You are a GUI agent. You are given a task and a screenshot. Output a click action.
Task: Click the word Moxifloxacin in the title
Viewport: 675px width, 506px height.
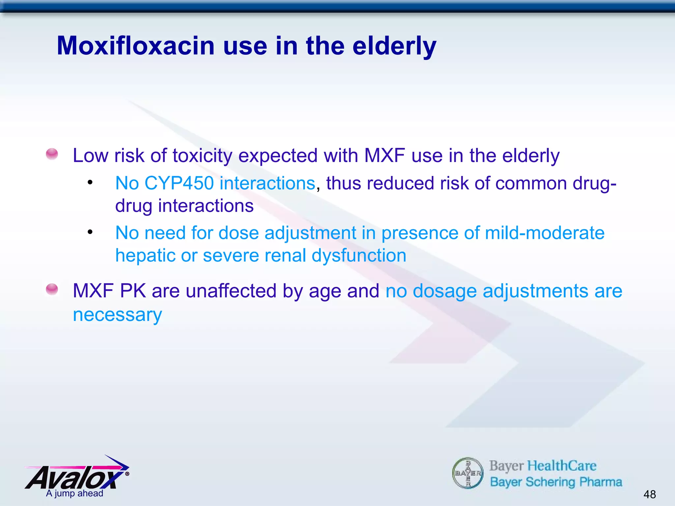click(x=136, y=46)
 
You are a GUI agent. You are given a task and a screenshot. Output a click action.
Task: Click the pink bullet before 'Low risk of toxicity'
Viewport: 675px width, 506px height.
click(x=52, y=154)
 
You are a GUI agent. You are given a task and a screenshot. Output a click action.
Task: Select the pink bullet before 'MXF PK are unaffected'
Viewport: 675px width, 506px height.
click(x=52, y=290)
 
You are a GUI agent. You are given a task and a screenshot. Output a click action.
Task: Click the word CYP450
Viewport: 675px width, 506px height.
click(x=179, y=183)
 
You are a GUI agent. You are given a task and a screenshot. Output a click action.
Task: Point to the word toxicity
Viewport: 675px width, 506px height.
click(x=202, y=155)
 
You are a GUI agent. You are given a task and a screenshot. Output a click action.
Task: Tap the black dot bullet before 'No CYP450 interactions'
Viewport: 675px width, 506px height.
click(x=90, y=183)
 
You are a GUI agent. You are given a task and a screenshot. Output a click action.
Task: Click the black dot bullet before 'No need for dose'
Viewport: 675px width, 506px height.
click(x=90, y=232)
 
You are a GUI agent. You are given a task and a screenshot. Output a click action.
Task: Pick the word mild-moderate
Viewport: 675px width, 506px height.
click(x=545, y=233)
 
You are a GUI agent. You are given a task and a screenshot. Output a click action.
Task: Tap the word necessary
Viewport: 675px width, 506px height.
click(x=117, y=315)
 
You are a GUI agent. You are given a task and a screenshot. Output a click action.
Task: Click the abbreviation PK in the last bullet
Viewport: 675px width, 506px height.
click(x=132, y=291)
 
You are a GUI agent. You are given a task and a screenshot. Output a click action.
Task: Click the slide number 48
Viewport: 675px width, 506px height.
click(x=649, y=494)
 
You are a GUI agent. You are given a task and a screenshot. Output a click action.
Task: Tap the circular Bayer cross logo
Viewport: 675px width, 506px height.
click(x=467, y=473)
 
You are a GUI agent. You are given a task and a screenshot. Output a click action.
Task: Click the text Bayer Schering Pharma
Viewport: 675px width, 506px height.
click(x=556, y=482)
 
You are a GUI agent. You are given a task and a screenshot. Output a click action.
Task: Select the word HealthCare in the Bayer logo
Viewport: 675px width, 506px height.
click(x=562, y=466)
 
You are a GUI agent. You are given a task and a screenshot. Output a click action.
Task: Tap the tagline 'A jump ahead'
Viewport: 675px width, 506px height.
click(x=74, y=493)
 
